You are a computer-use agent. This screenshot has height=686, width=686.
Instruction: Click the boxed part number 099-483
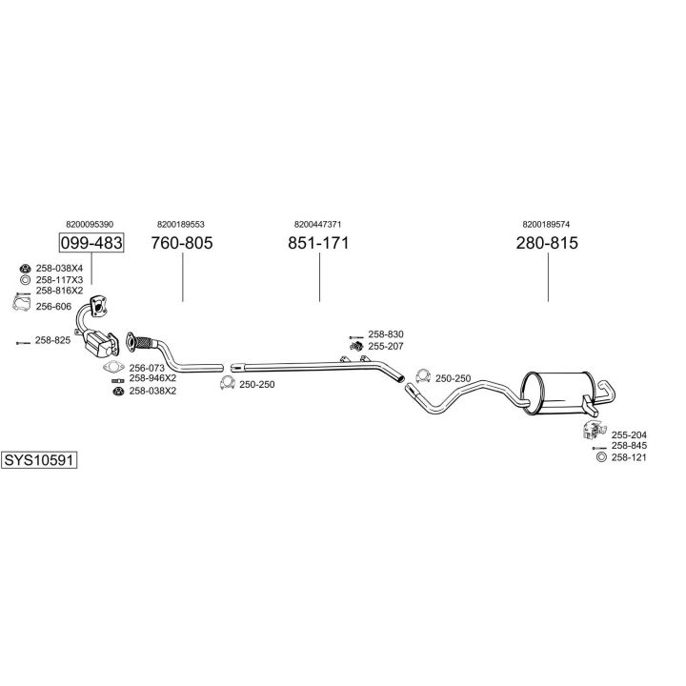tap(91, 243)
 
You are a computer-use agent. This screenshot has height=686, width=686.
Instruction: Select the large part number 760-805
tap(182, 243)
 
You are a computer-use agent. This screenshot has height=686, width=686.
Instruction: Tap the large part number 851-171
tap(319, 243)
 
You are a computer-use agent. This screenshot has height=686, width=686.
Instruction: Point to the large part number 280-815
tap(548, 243)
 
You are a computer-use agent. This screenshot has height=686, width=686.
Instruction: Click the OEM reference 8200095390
tap(91, 223)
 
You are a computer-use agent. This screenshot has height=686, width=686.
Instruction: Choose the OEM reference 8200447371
tap(319, 223)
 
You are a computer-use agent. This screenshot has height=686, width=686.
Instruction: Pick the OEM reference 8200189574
tap(547, 223)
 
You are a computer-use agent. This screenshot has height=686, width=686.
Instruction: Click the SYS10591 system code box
tap(38, 459)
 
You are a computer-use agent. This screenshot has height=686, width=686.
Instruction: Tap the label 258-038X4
tap(59, 269)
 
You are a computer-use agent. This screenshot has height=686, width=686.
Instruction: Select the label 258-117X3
tap(59, 279)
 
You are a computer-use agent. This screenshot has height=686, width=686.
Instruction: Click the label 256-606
tap(53, 306)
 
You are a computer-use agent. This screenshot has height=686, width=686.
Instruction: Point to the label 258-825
tap(53, 340)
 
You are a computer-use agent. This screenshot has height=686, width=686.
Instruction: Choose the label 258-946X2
tap(152, 378)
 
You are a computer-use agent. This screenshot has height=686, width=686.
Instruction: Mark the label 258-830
tap(386, 334)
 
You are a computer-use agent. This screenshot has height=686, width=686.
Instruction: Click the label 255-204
tap(629, 434)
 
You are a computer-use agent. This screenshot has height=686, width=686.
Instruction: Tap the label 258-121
tap(629, 458)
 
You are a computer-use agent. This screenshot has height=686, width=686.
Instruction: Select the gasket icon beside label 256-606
tap(18, 305)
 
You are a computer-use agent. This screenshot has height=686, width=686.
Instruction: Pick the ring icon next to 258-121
tap(600, 458)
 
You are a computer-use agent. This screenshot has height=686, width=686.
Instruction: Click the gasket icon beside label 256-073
tap(113, 367)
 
